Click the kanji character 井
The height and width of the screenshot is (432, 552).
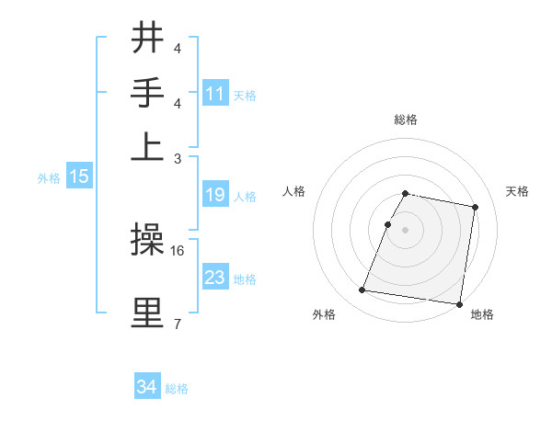coord(148,40)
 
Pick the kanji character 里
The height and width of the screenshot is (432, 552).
coord(148,313)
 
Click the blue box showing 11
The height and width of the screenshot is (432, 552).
coord(215,94)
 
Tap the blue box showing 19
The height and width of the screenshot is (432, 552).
coord(215,195)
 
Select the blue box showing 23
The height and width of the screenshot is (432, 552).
coord(215,278)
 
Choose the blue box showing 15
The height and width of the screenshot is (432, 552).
coord(79,177)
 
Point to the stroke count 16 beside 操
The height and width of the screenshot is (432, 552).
coord(178,250)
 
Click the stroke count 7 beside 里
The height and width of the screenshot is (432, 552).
coord(177,324)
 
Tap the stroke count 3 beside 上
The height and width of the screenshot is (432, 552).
coord(177,158)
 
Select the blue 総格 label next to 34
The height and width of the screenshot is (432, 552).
coord(177,389)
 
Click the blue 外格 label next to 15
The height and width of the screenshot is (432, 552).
coord(48,178)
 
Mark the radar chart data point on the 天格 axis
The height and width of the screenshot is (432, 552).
coord(475,208)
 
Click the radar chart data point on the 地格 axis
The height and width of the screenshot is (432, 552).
coord(459,304)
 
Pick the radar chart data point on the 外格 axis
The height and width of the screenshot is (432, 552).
coord(362,290)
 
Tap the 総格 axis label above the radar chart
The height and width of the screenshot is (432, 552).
coord(406,120)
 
